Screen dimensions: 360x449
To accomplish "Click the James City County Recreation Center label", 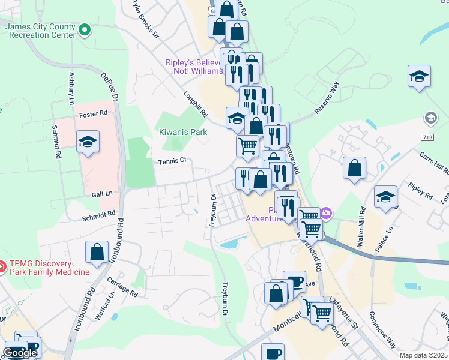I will coord(40,31).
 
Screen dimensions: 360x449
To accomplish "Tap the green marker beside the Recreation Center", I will coord(85,28).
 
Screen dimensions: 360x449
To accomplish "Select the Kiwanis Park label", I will coord(182,131).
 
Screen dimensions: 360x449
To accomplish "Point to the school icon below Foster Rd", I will coord(88,142).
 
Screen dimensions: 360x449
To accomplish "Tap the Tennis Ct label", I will coord(173,161).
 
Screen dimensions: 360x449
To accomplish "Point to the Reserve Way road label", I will coord(328,98).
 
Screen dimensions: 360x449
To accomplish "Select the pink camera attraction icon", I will coord(325,212).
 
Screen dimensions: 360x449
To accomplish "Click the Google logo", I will coord(20,353).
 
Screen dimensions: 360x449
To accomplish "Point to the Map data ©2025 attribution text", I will coord(423,355).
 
